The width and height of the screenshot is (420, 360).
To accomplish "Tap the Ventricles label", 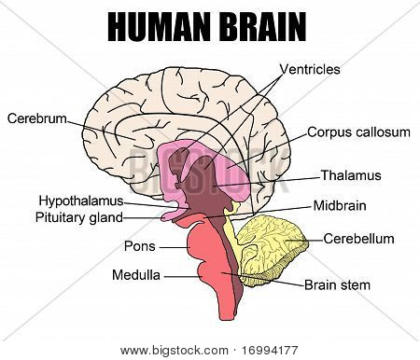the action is (x=310, y=69).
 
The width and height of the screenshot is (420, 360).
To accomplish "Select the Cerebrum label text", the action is (x=37, y=118).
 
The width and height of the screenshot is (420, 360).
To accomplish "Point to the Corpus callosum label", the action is (x=358, y=132).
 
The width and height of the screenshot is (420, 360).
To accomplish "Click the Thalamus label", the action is (x=351, y=175).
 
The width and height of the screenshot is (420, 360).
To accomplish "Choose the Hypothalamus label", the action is (x=81, y=201).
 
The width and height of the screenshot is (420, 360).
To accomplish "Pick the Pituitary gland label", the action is (x=79, y=217).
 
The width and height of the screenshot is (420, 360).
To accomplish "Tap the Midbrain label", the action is (x=340, y=206).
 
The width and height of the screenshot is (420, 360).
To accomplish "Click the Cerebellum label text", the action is (x=358, y=239).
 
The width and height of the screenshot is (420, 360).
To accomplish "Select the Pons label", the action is (x=140, y=246).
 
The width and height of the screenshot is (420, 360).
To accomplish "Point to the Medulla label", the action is (x=136, y=275).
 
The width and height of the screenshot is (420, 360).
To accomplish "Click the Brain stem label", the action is (x=337, y=285).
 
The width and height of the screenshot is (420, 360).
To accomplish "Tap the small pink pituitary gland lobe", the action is (x=171, y=215).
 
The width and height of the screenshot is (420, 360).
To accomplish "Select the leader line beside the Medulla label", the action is (x=182, y=276).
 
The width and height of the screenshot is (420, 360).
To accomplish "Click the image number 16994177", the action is (x=270, y=351).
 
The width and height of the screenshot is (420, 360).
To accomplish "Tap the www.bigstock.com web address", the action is (x=175, y=351).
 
